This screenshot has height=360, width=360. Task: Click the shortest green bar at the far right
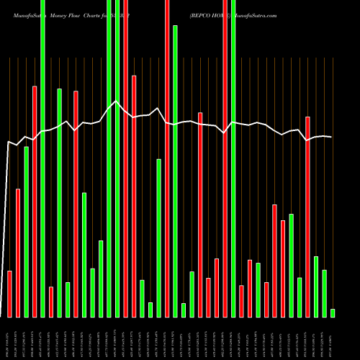(x=333, y=312)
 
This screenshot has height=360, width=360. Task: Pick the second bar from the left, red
(x=18, y=253)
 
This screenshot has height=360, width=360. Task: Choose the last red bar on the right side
(x=307, y=216)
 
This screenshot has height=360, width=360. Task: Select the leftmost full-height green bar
(x=42, y=158)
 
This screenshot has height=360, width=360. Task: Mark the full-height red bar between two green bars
(x=126, y=158)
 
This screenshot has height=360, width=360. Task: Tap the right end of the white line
(x=332, y=137)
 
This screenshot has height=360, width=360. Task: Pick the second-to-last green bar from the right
(x=324, y=293)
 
